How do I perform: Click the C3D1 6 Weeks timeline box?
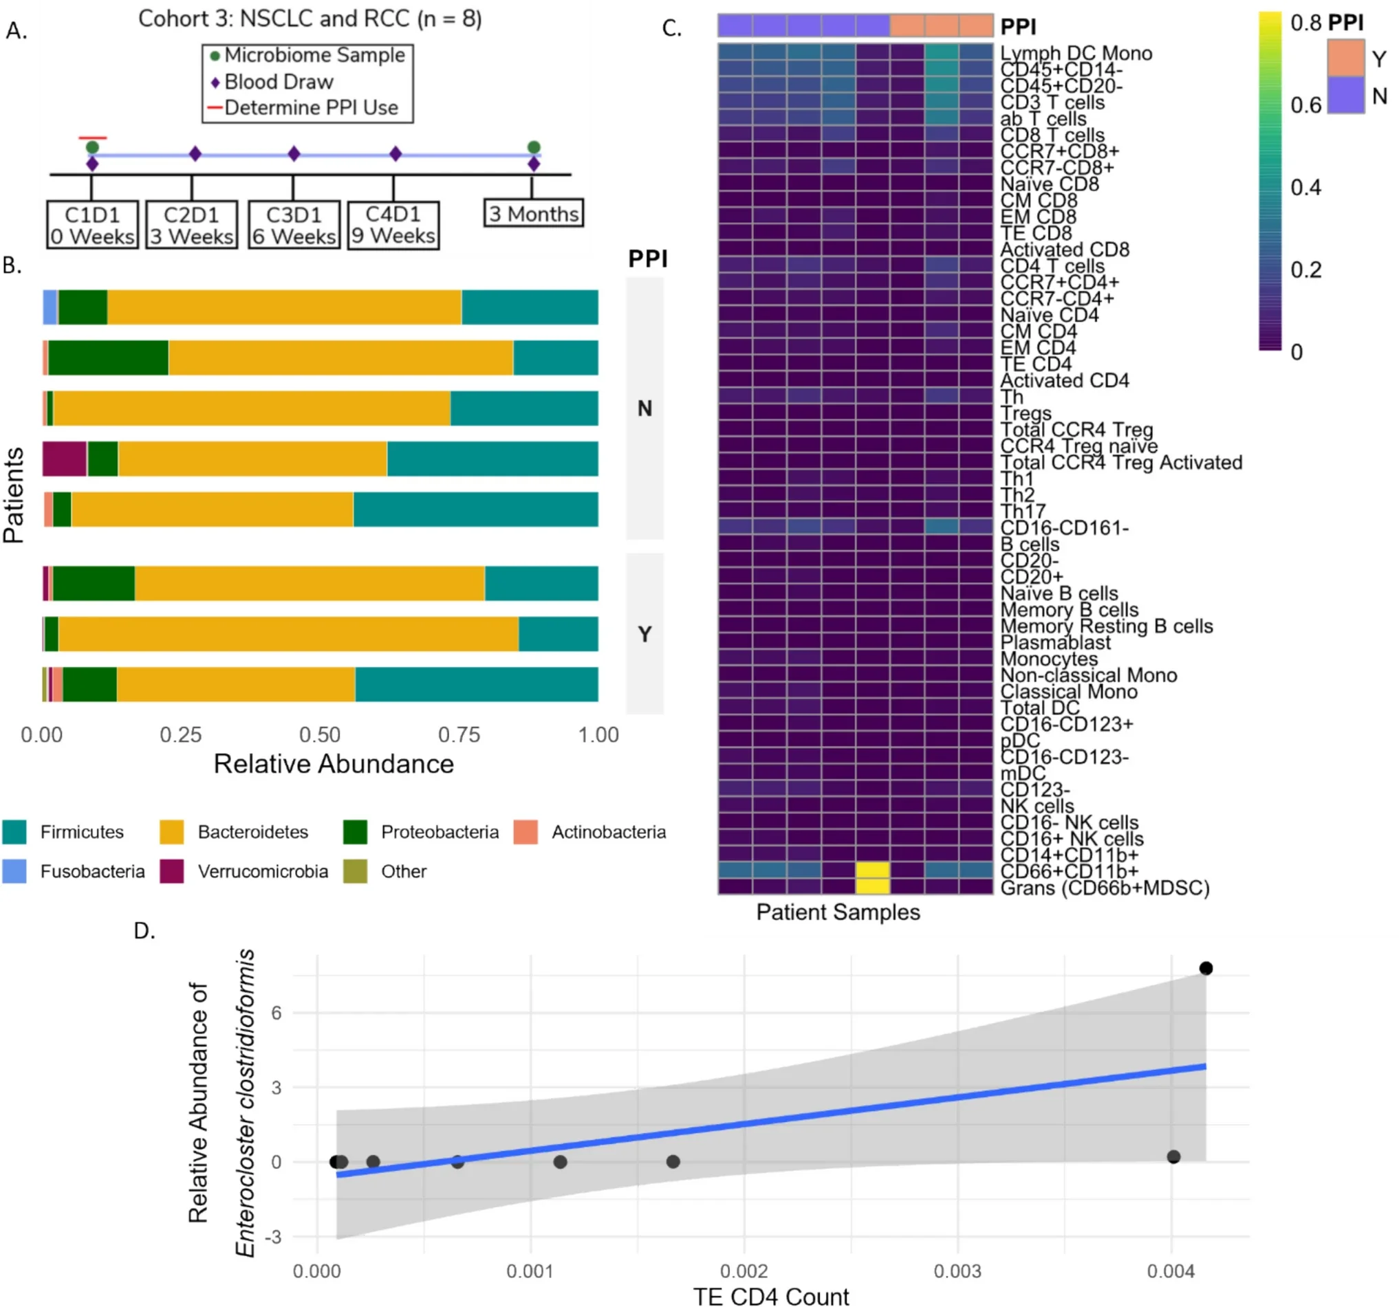(x=294, y=225)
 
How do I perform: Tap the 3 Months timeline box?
(x=533, y=213)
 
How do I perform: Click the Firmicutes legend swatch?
(x=14, y=831)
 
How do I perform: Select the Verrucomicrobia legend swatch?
(x=172, y=871)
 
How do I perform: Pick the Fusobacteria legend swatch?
(x=14, y=871)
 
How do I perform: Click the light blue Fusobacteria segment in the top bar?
(x=50, y=307)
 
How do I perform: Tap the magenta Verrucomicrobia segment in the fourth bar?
(x=65, y=459)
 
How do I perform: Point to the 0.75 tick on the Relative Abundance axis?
(x=459, y=735)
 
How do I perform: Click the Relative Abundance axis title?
(x=334, y=764)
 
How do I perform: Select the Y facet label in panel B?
(x=644, y=634)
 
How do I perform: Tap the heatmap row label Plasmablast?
(x=1055, y=642)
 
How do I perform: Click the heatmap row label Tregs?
(x=1026, y=413)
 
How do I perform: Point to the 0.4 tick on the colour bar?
(x=1305, y=188)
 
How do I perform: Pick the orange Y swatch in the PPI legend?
(x=1345, y=58)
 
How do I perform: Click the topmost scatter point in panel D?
(x=1206, y=968)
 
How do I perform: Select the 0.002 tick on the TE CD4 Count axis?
(x=743, y=1271)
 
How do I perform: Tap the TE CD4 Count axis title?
(x=770, y=1296)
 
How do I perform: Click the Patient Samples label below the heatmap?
(x=838, y=912)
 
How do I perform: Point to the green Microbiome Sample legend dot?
(x=215, y=56)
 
